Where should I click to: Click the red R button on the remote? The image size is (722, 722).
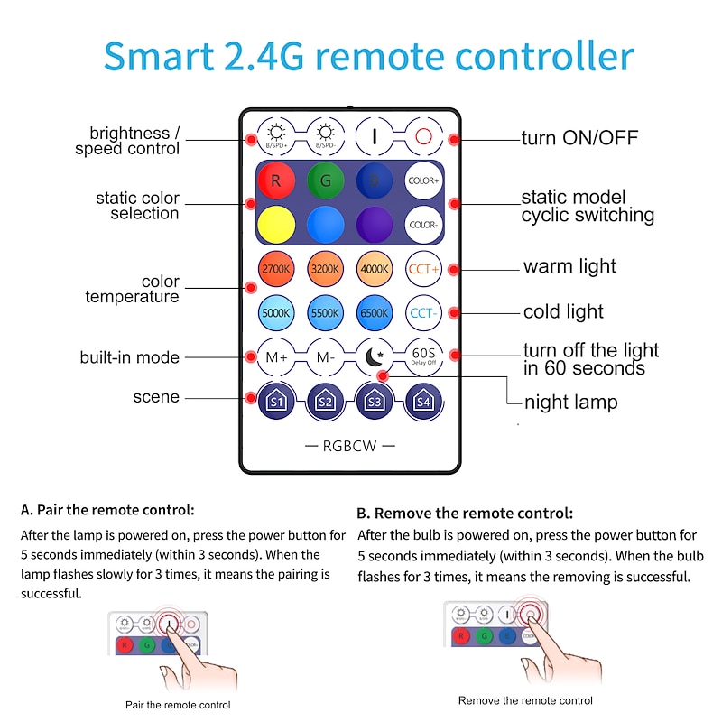tap(276, 180)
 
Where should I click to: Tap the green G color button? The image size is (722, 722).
tap(325, 180)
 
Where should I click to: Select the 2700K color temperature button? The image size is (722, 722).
tap(276, 269)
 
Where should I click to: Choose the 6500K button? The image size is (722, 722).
tap(375, 312)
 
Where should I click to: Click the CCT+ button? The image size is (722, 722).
tap(423, 269)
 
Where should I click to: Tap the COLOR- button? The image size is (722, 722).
tap(423, 224)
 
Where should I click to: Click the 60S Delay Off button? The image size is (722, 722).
tap(423, 355)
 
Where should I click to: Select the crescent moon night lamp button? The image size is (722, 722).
tap(375, 355)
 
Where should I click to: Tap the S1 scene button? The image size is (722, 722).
tap(276, 400)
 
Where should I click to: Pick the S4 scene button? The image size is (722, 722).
tap(423, 400)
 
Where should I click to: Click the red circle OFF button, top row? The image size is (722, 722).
tap(423, 137)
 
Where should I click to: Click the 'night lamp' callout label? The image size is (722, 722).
tap(570, 403)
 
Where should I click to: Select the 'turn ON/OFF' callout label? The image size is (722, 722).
tap(579, 139)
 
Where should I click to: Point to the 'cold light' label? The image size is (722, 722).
tap(563, 312)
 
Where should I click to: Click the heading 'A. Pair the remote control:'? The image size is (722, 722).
tap(107, 511)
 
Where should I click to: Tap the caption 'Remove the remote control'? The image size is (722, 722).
tap(525, 700)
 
